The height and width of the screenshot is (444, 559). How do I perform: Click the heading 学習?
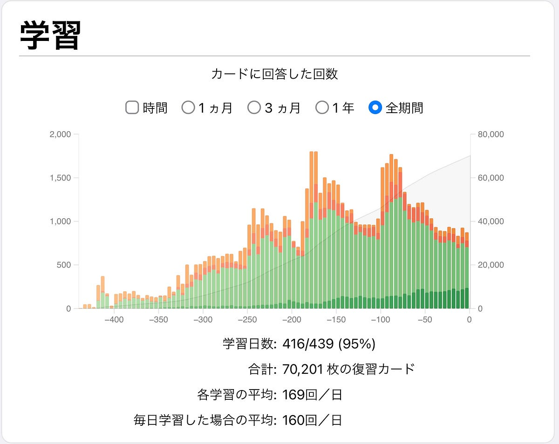click(50, 35)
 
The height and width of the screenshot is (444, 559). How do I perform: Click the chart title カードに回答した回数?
click(274, 74)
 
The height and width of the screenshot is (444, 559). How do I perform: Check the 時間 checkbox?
click(132, 108)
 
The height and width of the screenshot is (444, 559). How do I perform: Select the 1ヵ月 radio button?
click(188, 108)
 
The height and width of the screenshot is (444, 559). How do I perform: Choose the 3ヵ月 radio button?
click(254, 108)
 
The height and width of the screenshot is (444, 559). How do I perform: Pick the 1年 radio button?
click(322, 108)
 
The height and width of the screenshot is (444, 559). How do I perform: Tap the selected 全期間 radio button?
click(375, 108)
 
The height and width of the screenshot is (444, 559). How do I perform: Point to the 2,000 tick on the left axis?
click(60, 135)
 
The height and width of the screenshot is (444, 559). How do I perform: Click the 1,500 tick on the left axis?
click(60, 178)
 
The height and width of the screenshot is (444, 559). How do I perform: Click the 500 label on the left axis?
click(63, 265)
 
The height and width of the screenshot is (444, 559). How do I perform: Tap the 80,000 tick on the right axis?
click(490, 135)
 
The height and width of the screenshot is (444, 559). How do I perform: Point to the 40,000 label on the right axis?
click(490, 222)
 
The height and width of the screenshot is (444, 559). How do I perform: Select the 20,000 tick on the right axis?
click(490, 265)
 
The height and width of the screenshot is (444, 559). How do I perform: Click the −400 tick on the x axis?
click(114, 320)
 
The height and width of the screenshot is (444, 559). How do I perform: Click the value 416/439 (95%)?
click(329, 344)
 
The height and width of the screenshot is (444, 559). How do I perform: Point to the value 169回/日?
click(312, 395)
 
